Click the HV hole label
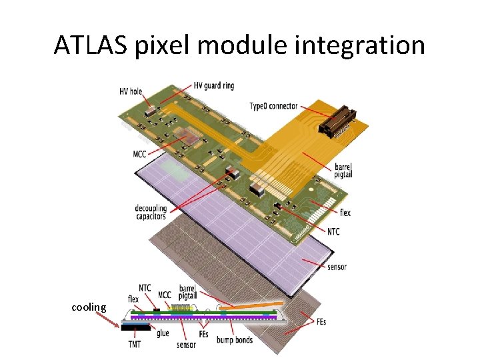131,91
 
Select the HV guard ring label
214,85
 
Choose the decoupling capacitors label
150,212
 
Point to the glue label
162,334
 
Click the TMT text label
135,345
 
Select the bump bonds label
235,340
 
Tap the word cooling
89,307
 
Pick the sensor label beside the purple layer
337,267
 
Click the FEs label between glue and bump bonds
205,334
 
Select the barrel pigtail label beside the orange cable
343,170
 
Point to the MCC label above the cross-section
164,295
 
